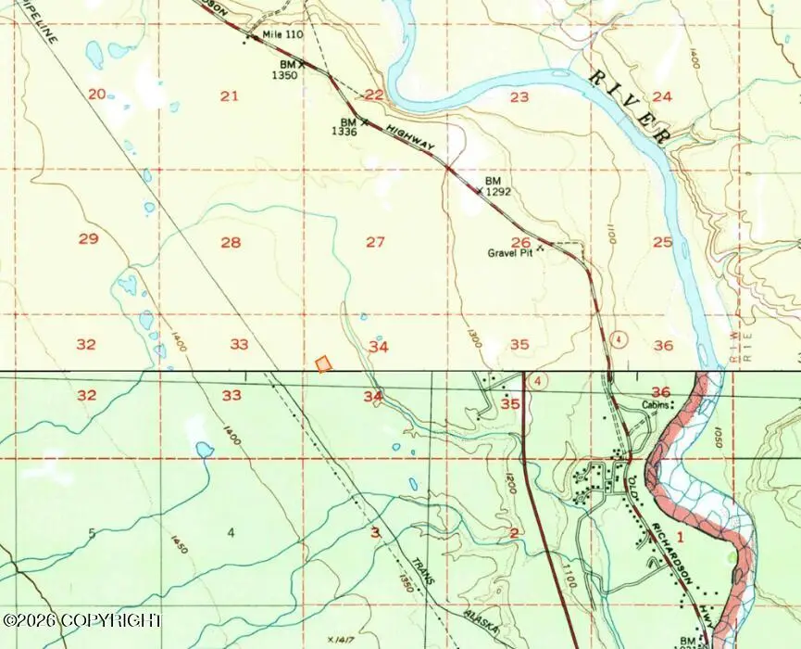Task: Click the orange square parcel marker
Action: pyautogui.click(x=323, y=364)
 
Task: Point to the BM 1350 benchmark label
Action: pyautogui.click(x=285, y=70)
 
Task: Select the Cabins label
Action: pyautogui.click(x=656, y=405)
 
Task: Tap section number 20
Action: pyautogui.click(x=96, y=94)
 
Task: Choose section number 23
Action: pyautogui.click(x=519, y=96)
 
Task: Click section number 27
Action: pyautogui.click(x=375, y=242)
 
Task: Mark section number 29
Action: pyautogui.click(x=88, y=239)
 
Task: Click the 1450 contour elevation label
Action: pyautogui.click(x=180, y=544)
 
